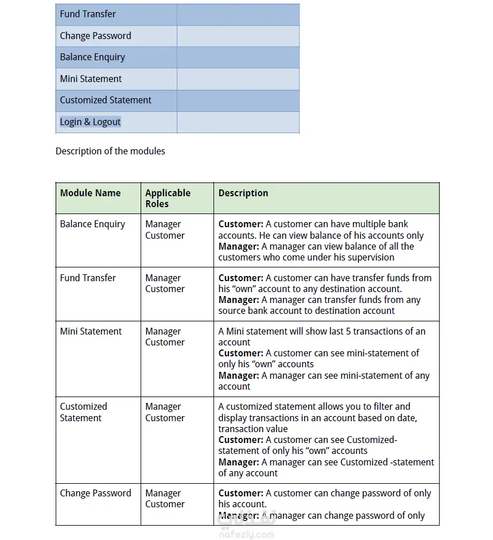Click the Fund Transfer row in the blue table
coord(88,14)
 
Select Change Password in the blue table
coord(95,36)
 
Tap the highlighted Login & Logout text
coord(90,122)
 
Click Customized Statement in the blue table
coord(106,100)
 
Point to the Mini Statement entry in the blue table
coord(91,79)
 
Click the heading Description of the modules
coord(110,151)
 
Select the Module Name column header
coord(90,193)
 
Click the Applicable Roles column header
coord(168,198)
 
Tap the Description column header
coord(243,193)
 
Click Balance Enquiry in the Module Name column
coord(92,224)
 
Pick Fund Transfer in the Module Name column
coord(88,278)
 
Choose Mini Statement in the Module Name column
coord(91,331)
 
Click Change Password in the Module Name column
coord(95,493)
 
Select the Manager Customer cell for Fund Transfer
coord(165,283)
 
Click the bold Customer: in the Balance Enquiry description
coord(240,224)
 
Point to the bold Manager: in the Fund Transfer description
coord(239,300)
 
